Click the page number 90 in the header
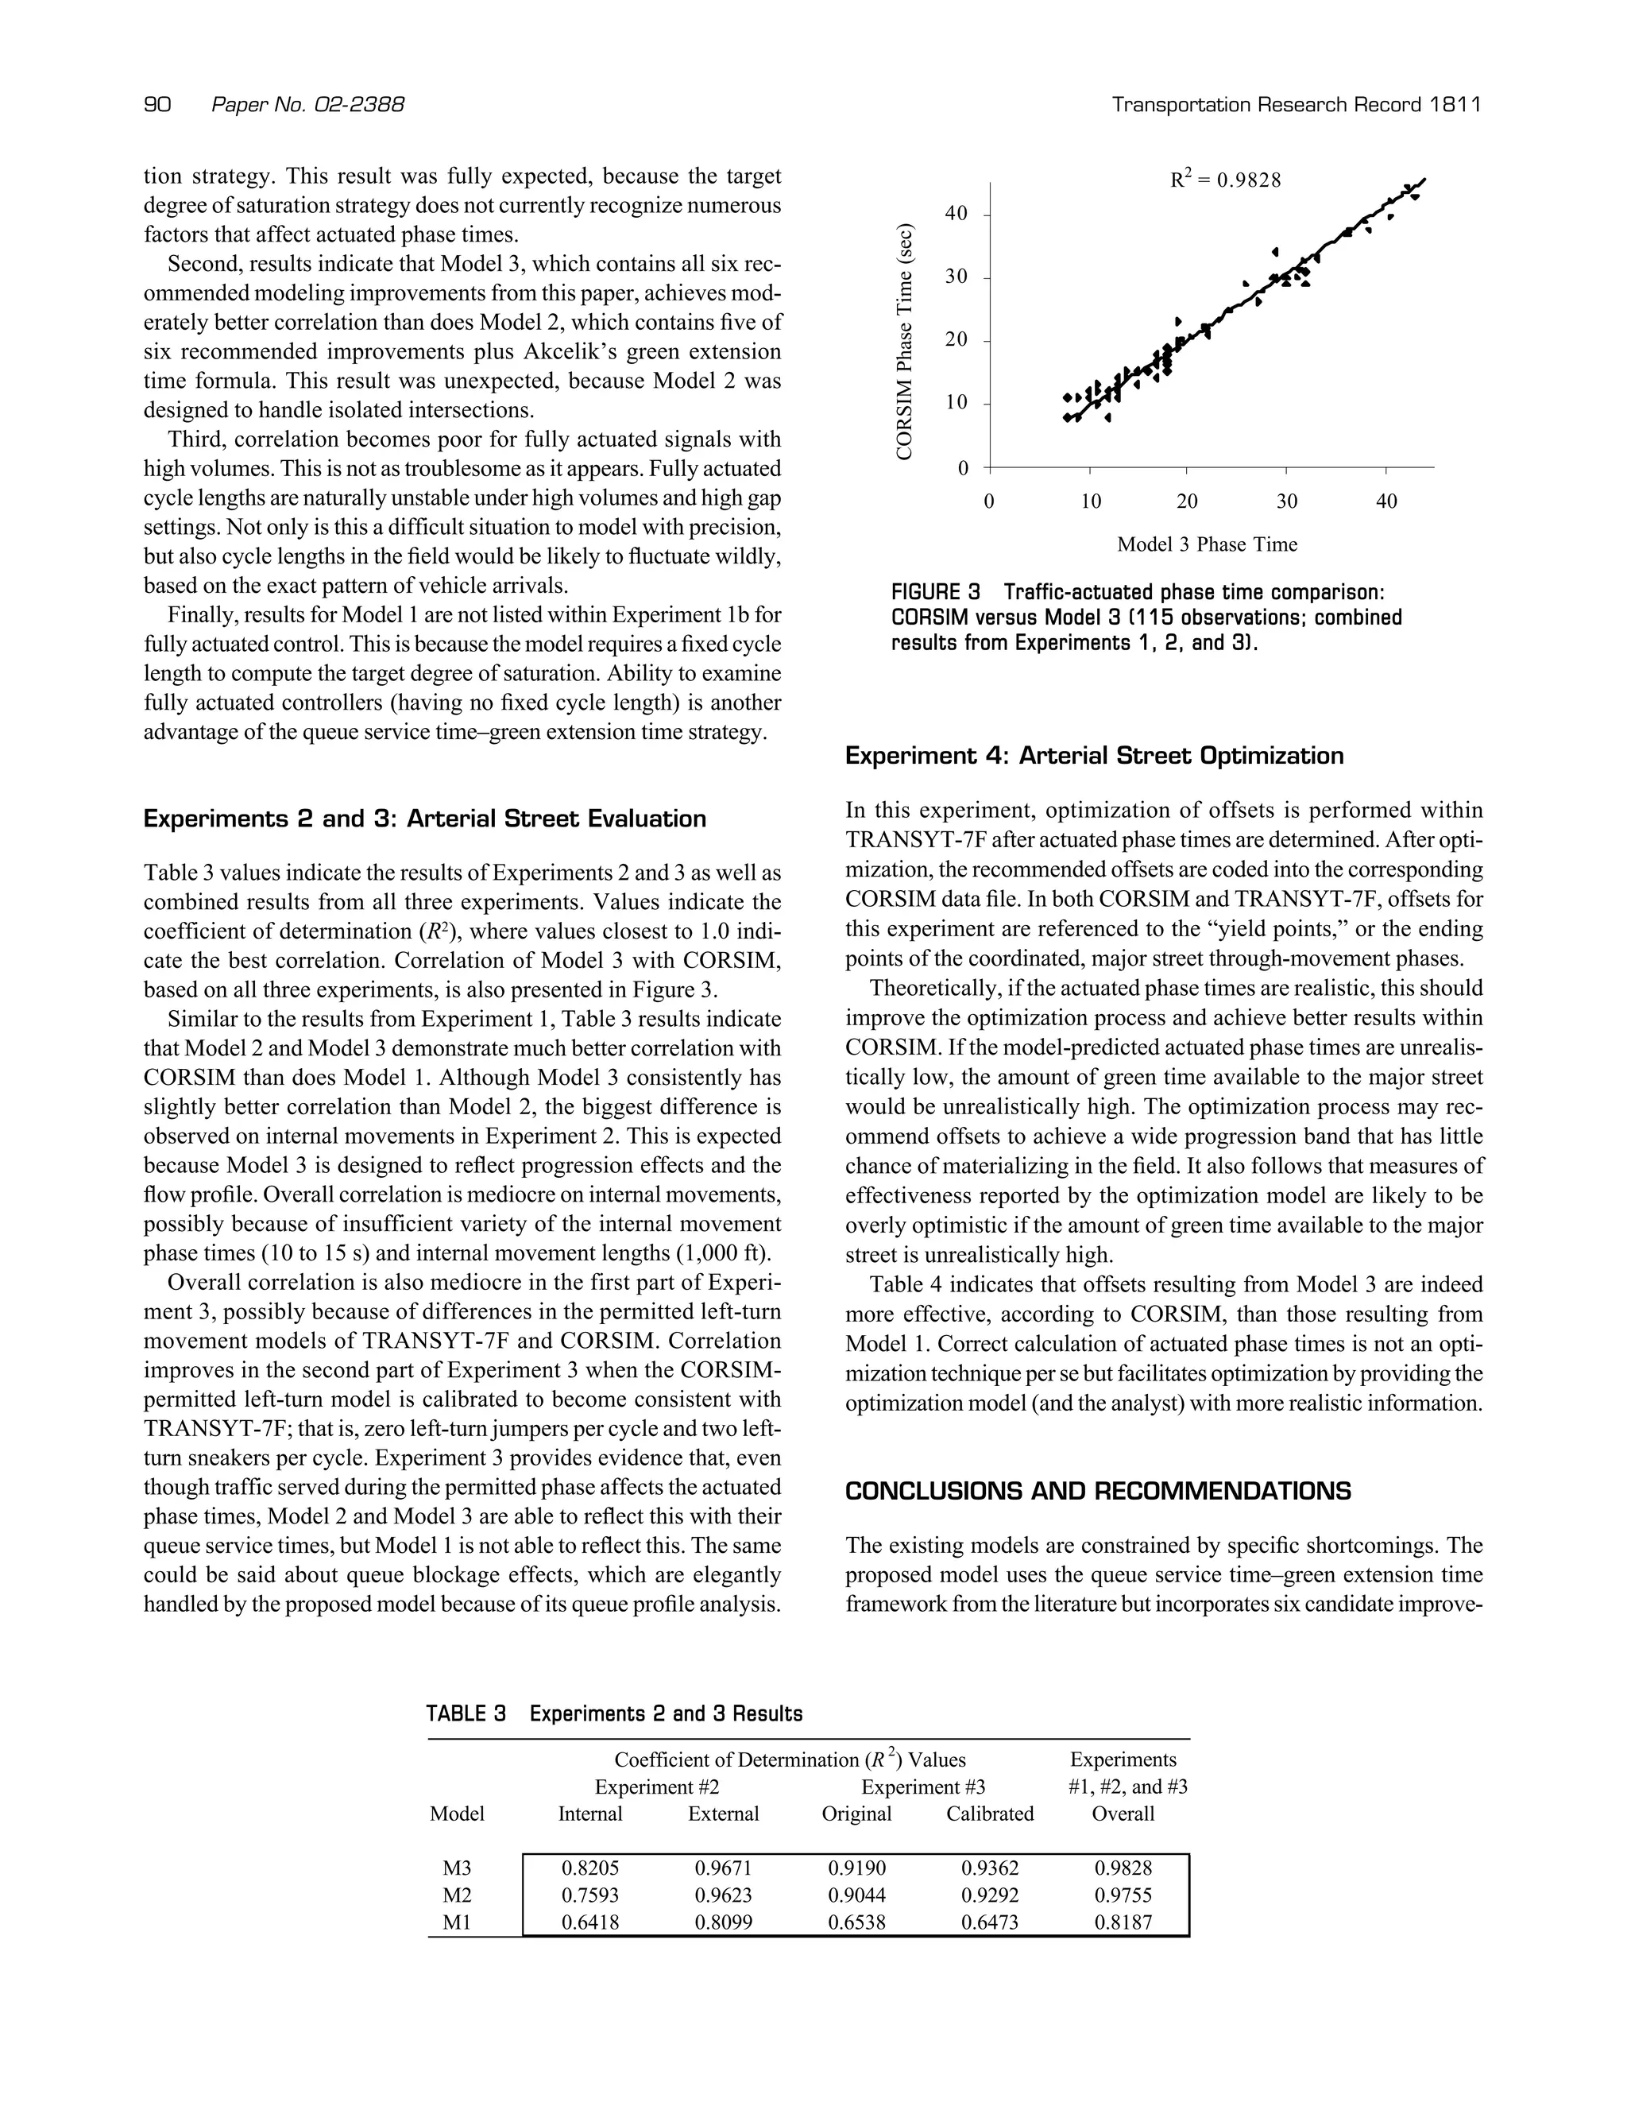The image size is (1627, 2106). [157, 104]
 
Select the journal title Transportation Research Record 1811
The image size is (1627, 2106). [1296, 104]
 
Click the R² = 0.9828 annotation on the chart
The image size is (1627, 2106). [1224, 180]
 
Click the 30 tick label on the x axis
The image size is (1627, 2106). [1287, 501]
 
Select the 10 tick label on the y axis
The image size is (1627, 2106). [955, 403]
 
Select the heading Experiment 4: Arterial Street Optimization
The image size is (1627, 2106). [1094, 756]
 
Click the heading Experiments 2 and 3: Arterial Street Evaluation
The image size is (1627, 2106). [424, 819]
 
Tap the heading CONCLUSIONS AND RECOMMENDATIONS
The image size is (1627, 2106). [1098, 1491]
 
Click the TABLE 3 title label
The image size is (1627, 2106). [466, 1713]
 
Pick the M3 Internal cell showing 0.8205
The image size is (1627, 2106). [590, 1868]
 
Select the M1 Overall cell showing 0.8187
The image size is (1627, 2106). [1123, 1922]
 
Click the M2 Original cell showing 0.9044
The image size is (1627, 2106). [857, 1895]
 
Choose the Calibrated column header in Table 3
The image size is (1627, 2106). [990, 1814]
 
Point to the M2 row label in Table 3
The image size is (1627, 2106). [457, 1895]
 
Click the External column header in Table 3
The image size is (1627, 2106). [723, 1814]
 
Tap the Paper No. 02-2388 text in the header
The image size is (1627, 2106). [307, 104]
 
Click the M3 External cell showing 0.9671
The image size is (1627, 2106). [723, 1868]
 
